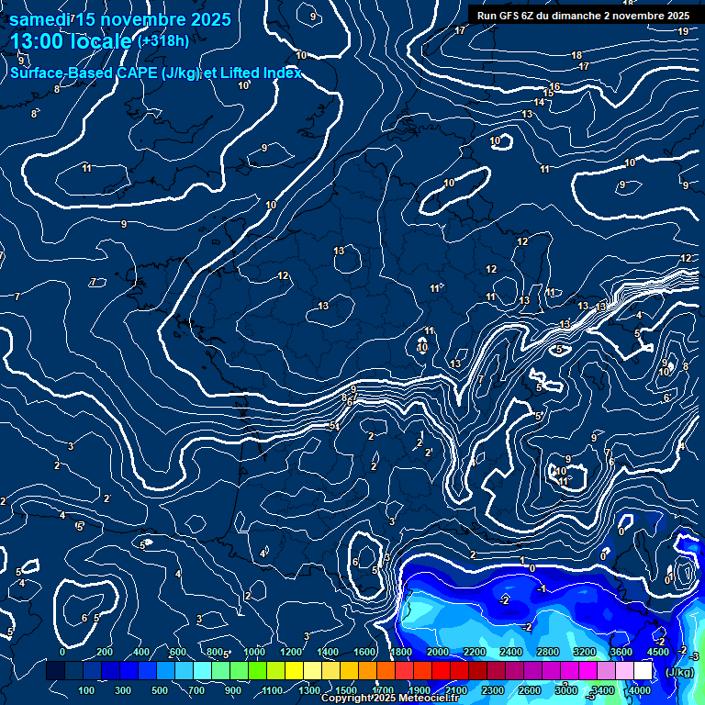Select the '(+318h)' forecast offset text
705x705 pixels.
pos(163,41)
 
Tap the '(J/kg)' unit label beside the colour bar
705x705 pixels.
pos(679,672)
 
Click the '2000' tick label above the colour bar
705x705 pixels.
pos(438,652)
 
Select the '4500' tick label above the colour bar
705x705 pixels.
pos(657,652)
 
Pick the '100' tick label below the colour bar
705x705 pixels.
pos(86,690)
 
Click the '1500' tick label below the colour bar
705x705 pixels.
pos(346,690)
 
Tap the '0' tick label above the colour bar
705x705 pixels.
pos(62,652)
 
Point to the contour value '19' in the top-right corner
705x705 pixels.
pos(683,31)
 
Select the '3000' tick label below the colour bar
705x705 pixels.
pos(566,690)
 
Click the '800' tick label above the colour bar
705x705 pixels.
pos(217,652)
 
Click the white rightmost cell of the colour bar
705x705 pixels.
pos(643,671)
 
